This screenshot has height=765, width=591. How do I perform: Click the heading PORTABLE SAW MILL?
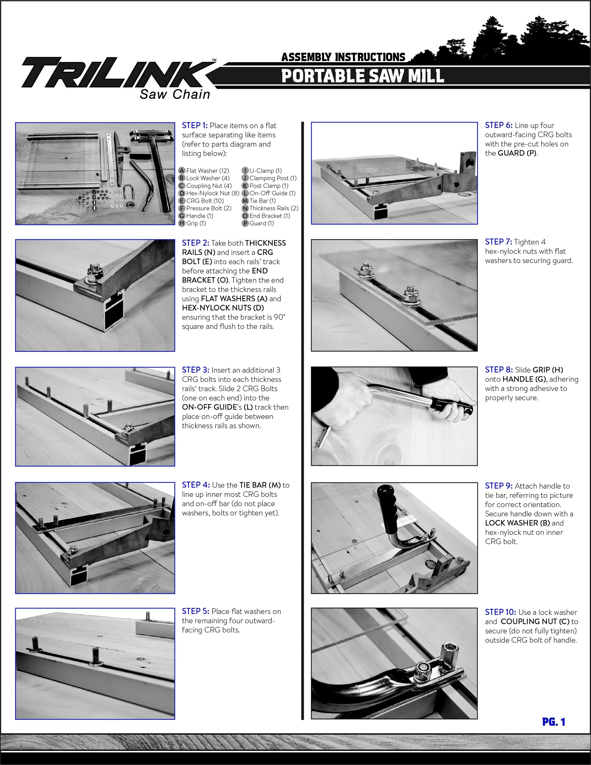pos(363,76)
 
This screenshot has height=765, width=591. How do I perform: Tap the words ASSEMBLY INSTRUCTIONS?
pos(343,57)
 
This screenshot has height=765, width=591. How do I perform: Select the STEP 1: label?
pos(195,125)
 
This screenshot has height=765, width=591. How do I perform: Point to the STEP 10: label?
pos(500,612)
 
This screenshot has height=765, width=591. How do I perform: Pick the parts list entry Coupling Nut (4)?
pos(209,186)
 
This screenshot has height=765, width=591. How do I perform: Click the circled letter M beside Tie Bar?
pos(245,201)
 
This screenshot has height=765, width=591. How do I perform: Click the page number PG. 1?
pos(554,722)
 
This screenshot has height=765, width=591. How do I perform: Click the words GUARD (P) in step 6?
pos(517,153)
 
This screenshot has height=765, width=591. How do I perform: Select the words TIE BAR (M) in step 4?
pos(260,485)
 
